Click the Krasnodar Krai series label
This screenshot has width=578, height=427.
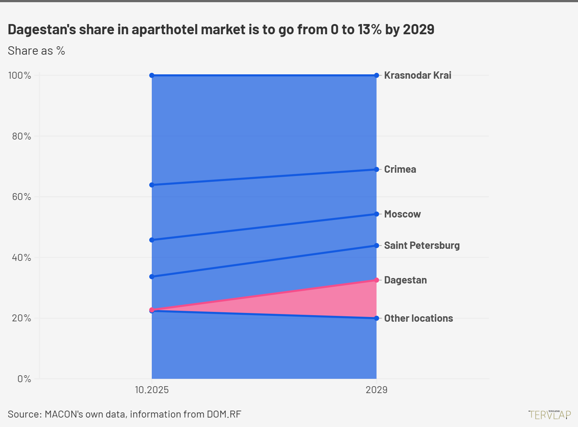[417, 75]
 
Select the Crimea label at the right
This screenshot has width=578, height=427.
[400, 169]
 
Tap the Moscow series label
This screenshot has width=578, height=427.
[402, 214]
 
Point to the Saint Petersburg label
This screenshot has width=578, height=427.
[422, 246]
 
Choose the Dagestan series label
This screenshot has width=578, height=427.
[405, 280]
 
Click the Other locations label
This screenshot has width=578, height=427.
[419, 318]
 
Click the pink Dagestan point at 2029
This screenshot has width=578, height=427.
[376, 280]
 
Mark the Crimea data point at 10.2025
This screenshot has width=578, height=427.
[152, 185]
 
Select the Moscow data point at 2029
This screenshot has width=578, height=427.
[376, 214]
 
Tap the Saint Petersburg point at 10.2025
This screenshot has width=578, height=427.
[152, 277]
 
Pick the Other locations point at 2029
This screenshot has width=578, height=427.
[376, 318]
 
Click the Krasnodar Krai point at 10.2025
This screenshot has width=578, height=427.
[152, 75]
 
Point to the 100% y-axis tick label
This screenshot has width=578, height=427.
[20, 76]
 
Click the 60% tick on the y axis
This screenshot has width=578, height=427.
[21, 197]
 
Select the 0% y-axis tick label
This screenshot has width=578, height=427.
[24, 379]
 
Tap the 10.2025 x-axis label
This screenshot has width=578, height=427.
[152, 390]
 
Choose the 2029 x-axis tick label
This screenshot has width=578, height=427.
[376, 390]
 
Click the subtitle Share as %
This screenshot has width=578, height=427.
[36, 51]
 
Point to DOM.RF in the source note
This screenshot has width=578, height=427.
[224, 414]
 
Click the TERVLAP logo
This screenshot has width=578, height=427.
[550, 415]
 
